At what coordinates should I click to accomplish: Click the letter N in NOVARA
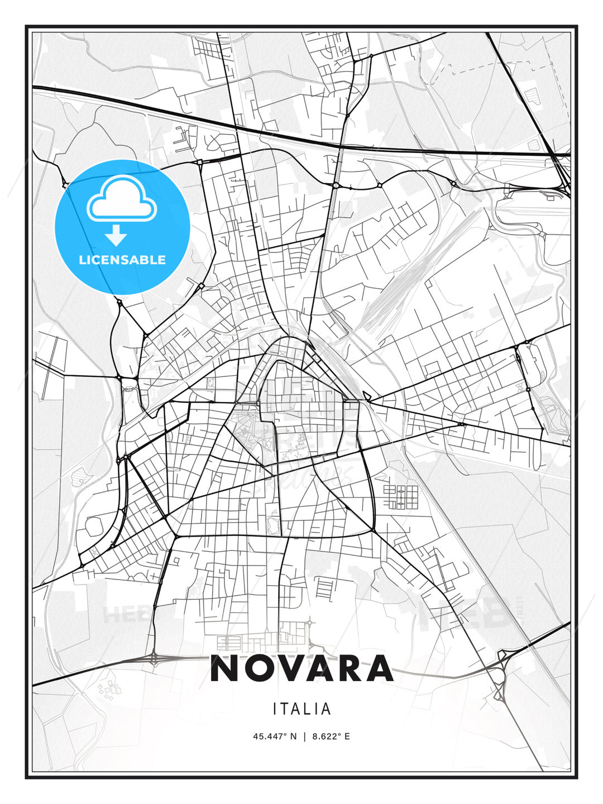226,668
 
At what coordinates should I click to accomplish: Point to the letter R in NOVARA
349,668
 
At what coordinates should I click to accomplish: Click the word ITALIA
301,709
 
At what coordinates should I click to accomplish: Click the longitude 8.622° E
331,736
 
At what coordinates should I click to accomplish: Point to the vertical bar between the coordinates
304,736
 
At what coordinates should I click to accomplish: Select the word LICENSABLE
122,260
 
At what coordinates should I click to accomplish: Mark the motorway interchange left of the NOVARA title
155,659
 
